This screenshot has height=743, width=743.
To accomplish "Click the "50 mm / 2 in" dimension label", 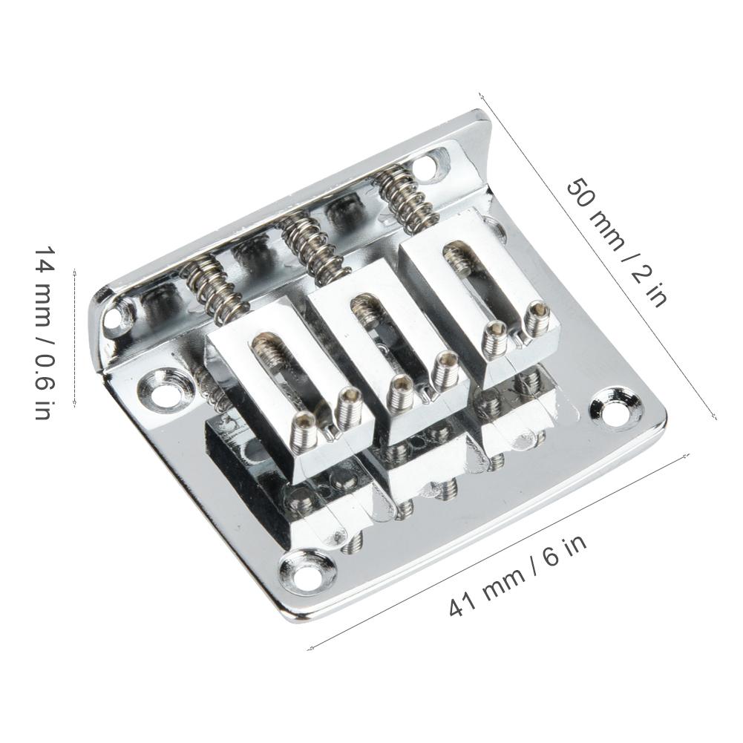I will [x=616, y=242].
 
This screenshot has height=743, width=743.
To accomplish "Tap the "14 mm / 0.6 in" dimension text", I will [x=42, y=333].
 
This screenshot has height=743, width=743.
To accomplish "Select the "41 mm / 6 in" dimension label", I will [x=518, y=575].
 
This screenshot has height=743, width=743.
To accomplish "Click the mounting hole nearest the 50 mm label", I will [x=617, y=407].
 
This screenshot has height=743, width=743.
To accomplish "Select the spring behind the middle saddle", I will [x=312, y=246].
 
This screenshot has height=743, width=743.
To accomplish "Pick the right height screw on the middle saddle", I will [x=445, y=368].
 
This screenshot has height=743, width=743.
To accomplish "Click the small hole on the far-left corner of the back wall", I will [x=114, y=317].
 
